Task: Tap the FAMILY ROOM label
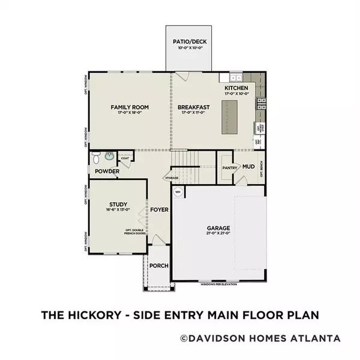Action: [x=130, y=107]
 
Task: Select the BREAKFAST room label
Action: [x=191, y=107]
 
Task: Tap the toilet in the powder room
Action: [x=95, y=158]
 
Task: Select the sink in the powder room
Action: [x=109, y=157]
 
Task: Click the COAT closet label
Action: [x=125, y=159]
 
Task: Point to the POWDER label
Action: [x=106, y=172]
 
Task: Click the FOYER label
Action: [x=159, y=210]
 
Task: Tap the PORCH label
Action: [x=158, y=266]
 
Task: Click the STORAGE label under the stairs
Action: [x=172, y=178]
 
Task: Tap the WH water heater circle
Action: [x=178, y=192]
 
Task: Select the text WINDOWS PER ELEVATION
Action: [x=219, y=284]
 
